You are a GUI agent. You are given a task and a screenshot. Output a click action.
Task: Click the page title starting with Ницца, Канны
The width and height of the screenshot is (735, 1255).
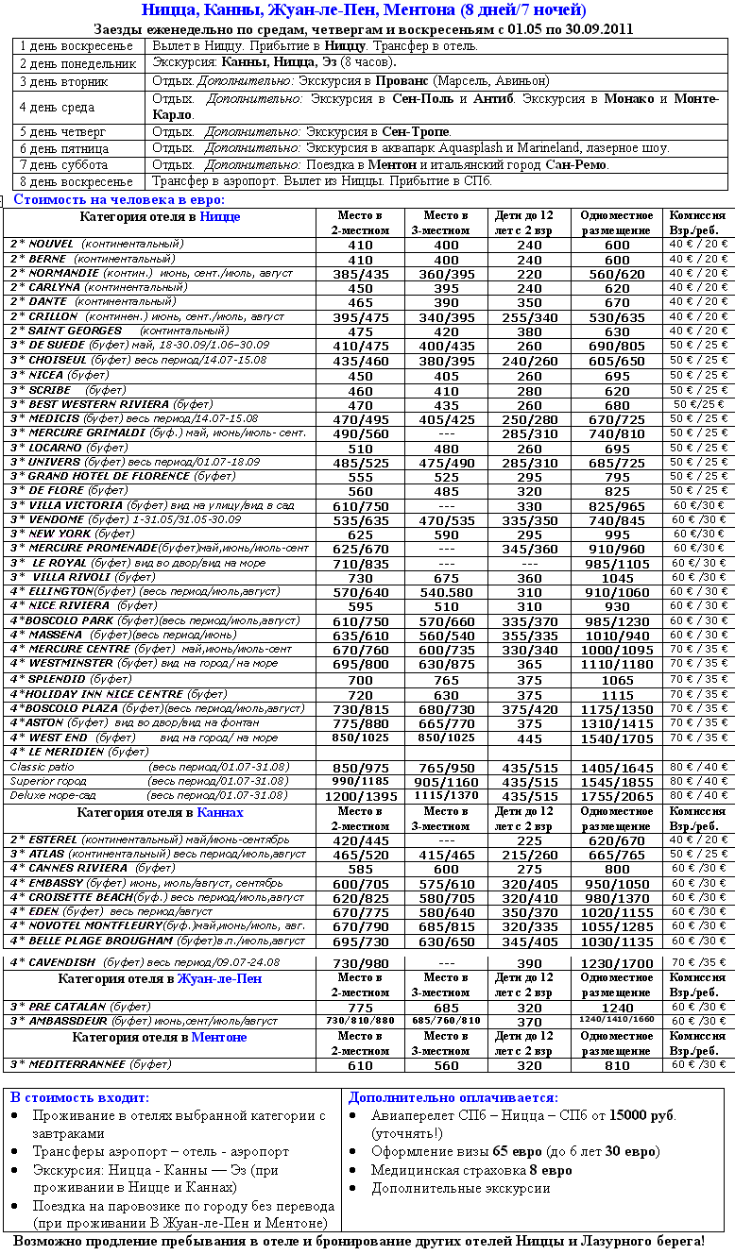point(364,10)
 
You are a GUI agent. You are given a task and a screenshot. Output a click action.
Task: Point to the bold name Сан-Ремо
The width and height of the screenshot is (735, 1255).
point(576,164)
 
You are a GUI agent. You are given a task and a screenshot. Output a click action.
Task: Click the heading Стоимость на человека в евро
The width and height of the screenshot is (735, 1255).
point(119,199)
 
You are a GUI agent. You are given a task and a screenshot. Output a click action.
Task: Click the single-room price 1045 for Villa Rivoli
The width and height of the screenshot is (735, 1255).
point(617,578)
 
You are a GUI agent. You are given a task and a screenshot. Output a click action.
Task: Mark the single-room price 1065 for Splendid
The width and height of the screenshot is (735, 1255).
point(617,680)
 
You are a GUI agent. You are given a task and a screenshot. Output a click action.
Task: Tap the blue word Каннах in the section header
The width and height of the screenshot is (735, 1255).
point(221,812)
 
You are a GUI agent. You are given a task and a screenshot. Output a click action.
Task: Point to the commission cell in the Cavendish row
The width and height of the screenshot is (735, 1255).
point(699,962)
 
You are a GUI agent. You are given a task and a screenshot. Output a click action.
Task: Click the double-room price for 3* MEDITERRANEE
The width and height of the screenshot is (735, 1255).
point(360,1065)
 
